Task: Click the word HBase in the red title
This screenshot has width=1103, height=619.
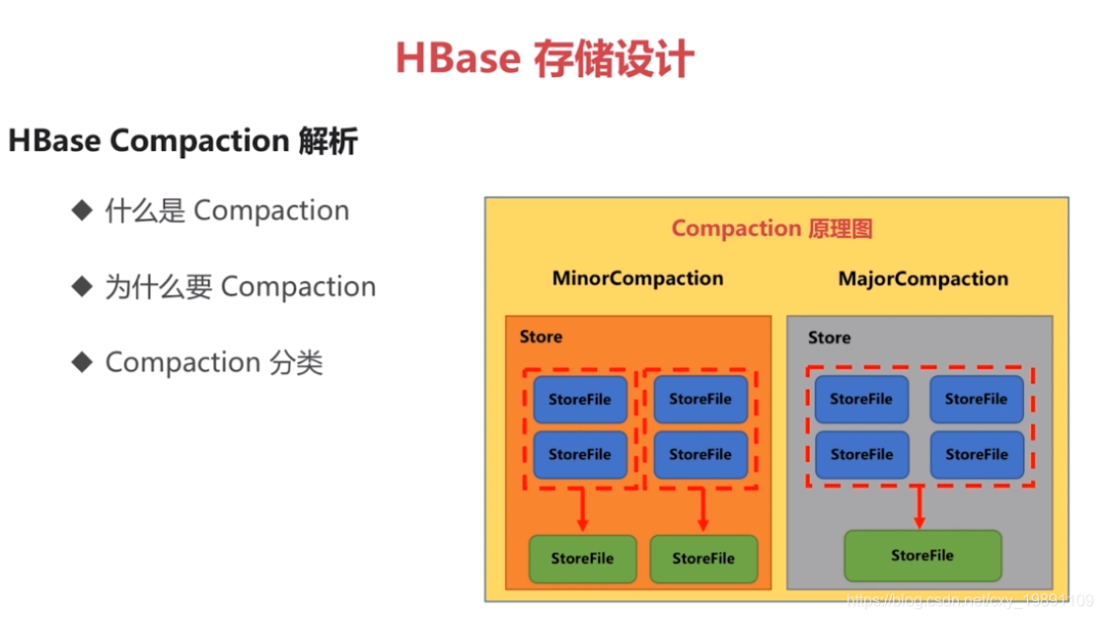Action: click(x=457, y=58)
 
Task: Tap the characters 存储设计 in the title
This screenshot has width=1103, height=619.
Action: click(x=614, y=58)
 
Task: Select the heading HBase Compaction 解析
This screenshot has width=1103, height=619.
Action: click(x=183, y=141)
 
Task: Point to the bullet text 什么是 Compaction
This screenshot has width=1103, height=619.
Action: click(x=227, y=210)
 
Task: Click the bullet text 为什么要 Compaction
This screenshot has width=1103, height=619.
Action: click(x=241, y=286)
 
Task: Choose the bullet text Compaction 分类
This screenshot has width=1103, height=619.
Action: click(x=214, y=362)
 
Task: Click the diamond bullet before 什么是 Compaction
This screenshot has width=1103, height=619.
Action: click(x=82, y=210)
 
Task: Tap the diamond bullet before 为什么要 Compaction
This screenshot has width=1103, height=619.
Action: click(x=82, y=286)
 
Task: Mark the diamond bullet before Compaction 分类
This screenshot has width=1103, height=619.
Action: click(x=82, y=362)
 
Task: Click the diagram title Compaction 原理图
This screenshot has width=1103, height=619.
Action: click(x=772, y=229)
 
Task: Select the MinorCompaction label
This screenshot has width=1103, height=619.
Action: click(x=637, y=278)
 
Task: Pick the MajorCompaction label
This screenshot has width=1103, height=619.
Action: click(x=923, y=278)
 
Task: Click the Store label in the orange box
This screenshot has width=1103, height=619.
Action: click(x=541, y=337)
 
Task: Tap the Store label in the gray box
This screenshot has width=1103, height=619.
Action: click(x=829, y=338)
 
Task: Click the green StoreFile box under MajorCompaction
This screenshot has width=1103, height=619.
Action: click(x=922, y=556)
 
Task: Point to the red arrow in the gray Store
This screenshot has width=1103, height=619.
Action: click(x=919, y=507)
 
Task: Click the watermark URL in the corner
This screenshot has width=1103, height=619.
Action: click(x=971, y=599)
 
